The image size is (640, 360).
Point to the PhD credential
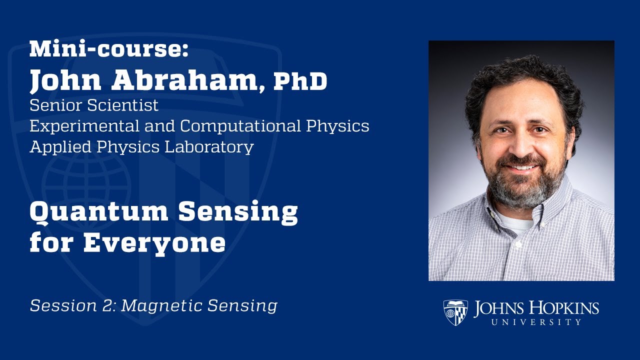click(x=300, y=82)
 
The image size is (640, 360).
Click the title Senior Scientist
click(x=94, y=105)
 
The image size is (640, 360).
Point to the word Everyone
click(x=154, y=243)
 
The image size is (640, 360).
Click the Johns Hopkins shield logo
click(x=455, y=312)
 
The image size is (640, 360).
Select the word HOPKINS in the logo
click(x=565, y=308)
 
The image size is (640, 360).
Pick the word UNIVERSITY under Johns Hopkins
click(x=536, y=322)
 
